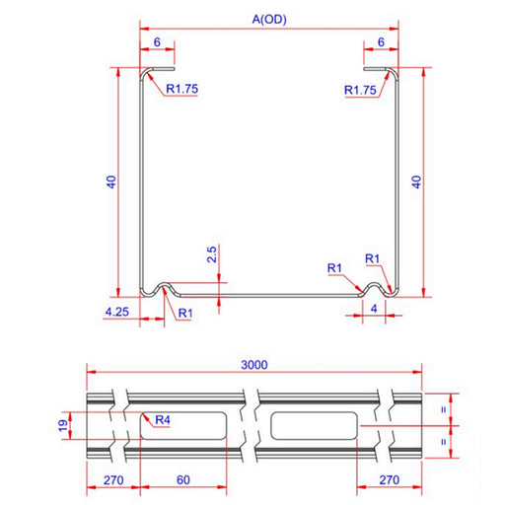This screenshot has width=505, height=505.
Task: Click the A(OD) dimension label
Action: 269,20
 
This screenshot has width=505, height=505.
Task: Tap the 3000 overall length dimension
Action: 254,365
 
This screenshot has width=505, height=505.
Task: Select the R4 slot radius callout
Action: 163,420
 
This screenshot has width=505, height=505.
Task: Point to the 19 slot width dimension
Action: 63,426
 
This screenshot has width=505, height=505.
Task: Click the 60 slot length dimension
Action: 183,480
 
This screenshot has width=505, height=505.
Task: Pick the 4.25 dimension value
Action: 117,312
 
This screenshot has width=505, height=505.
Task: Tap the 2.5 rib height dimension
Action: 212,254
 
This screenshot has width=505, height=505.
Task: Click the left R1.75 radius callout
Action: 182,89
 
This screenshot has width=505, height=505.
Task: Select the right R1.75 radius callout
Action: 360,90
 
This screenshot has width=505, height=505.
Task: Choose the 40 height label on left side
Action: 111,181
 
